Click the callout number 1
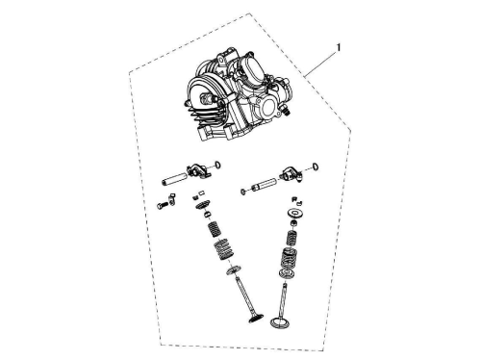[x=338, y=48]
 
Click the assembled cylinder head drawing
[x=239, y=95]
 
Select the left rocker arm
[x=198, y=169]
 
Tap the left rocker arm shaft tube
[x=174, y=179]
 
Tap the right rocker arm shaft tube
[x=265, y=185]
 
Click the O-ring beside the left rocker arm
[x=217, y=166]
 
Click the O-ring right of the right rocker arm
[x=316, y=167]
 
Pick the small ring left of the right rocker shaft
[x=243, y=192]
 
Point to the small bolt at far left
[x=162, y=205]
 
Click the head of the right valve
[x=279, y=321]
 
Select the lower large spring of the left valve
[x=222, y=250]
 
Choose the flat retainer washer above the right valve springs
[x=293, y=213]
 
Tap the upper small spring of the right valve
[x=291, y=238]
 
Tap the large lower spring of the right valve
[x=290, y=258]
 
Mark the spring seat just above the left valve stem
[x=233, y=270]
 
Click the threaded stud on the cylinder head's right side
[x=287, y=111]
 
